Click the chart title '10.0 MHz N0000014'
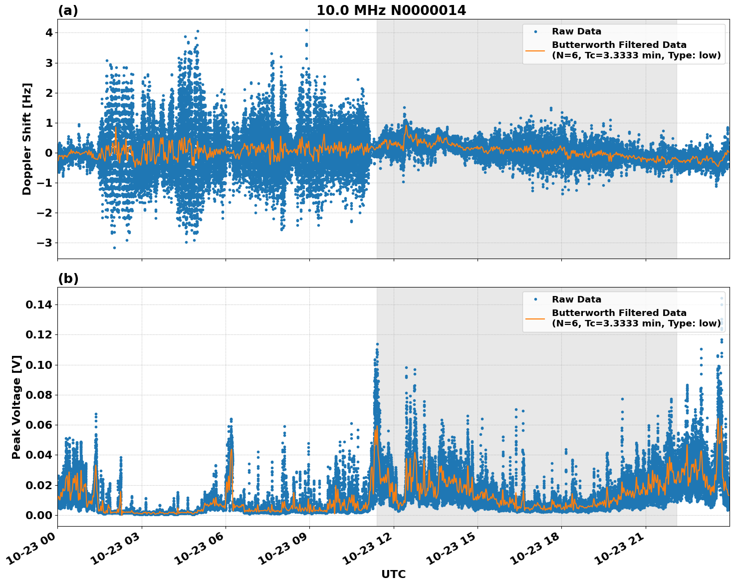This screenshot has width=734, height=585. click(391, 10)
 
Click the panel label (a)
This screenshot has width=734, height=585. click(68, 10)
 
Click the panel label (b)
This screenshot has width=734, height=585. click(68, 279)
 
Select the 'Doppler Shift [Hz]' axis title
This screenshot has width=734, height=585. click(27, 139)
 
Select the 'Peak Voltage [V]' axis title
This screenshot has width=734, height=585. click(16, 407)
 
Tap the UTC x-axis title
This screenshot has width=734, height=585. click(393, 574)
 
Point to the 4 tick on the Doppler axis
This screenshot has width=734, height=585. click(49, 33)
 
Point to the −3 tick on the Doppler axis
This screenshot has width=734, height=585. click(45, 243)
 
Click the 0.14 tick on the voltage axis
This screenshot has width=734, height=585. click(41, 304)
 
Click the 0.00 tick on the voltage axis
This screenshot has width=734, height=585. click(41, 515)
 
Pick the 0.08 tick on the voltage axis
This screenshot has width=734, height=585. click(41, 395)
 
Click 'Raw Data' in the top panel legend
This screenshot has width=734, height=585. click(576, 31)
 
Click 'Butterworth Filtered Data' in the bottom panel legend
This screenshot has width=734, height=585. click(619, 313)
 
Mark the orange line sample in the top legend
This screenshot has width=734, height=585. click(535, 50)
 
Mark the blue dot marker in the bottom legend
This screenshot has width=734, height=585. click(535, 299)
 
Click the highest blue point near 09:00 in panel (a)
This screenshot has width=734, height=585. click(306, 30)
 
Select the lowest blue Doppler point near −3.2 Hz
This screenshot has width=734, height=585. click(114, 248)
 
